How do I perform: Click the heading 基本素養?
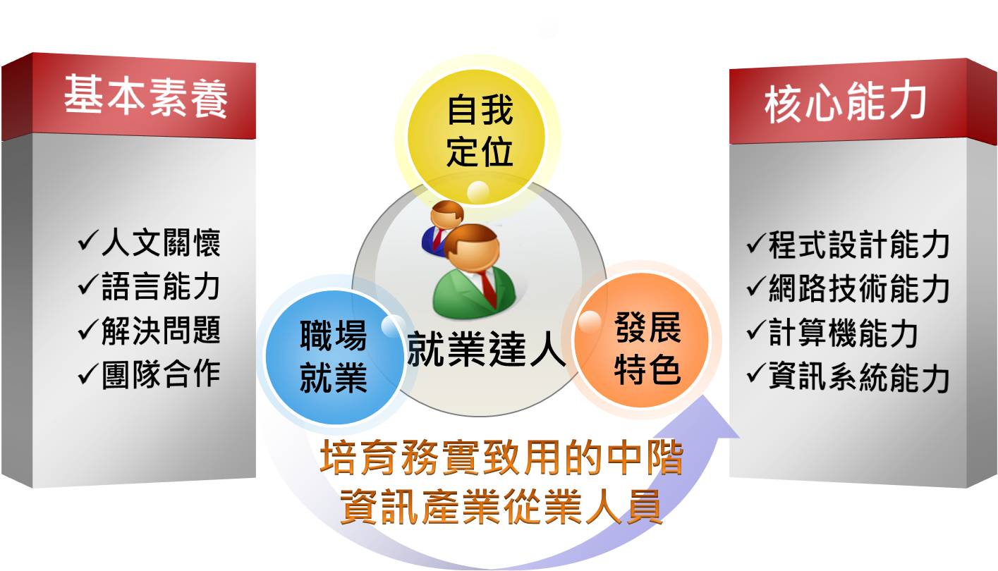(146, 96)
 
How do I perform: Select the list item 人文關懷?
(161, 242)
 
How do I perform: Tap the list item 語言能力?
(161, 286)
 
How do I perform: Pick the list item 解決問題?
(161, 331)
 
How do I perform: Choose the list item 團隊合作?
(161, 374)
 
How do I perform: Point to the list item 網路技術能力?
(858, 289)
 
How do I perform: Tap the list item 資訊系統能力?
(858, 377)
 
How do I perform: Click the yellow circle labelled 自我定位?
(477, 137)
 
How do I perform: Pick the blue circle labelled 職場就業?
(334, 356)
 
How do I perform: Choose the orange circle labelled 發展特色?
(642, 339)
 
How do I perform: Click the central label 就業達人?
(487, 349)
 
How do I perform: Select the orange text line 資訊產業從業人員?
(501, 506)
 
